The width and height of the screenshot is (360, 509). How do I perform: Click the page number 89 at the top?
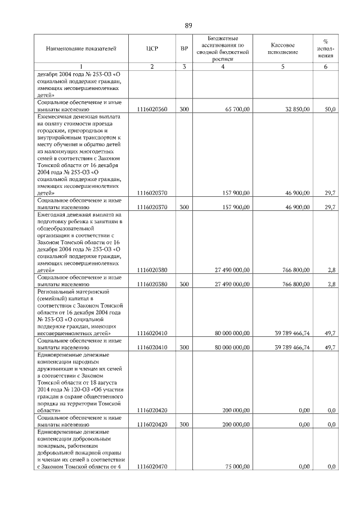(x=188, y=25)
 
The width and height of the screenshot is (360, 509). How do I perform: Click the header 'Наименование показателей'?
(x=81, y=49)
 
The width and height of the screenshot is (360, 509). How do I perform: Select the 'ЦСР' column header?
(x=151, y=49)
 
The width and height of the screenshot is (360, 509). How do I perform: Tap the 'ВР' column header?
(x=184, y=49)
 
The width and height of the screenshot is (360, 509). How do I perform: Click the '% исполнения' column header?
(x=325, y=48)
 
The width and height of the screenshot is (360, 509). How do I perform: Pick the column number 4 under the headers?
(x=223, y=67)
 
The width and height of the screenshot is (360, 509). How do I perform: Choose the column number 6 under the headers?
(x=325, y=67)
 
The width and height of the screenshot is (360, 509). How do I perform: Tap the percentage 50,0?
(x=331, y=109)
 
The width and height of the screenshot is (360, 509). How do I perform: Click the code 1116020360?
(x=152, y=109)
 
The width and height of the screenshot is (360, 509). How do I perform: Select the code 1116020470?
(x=152, y=467)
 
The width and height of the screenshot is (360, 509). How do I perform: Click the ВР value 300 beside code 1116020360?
(x=184, y=109)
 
